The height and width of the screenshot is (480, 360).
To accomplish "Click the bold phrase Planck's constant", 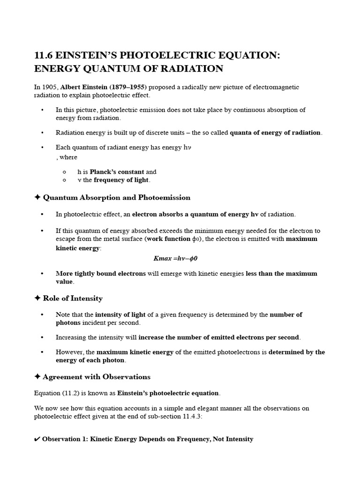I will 117,172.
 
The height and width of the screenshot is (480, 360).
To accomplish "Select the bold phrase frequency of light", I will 121,180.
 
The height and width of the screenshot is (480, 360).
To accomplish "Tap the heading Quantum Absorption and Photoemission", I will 117,197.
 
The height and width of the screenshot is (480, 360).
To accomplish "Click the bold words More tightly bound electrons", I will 101,273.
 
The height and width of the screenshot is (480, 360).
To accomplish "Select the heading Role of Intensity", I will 73,298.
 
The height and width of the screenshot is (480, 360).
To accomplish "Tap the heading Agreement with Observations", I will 97,376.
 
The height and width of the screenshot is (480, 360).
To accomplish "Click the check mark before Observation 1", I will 37,439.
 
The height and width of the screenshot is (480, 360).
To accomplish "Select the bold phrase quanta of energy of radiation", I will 275,133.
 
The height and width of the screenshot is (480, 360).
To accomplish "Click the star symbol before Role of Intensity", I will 37,298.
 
